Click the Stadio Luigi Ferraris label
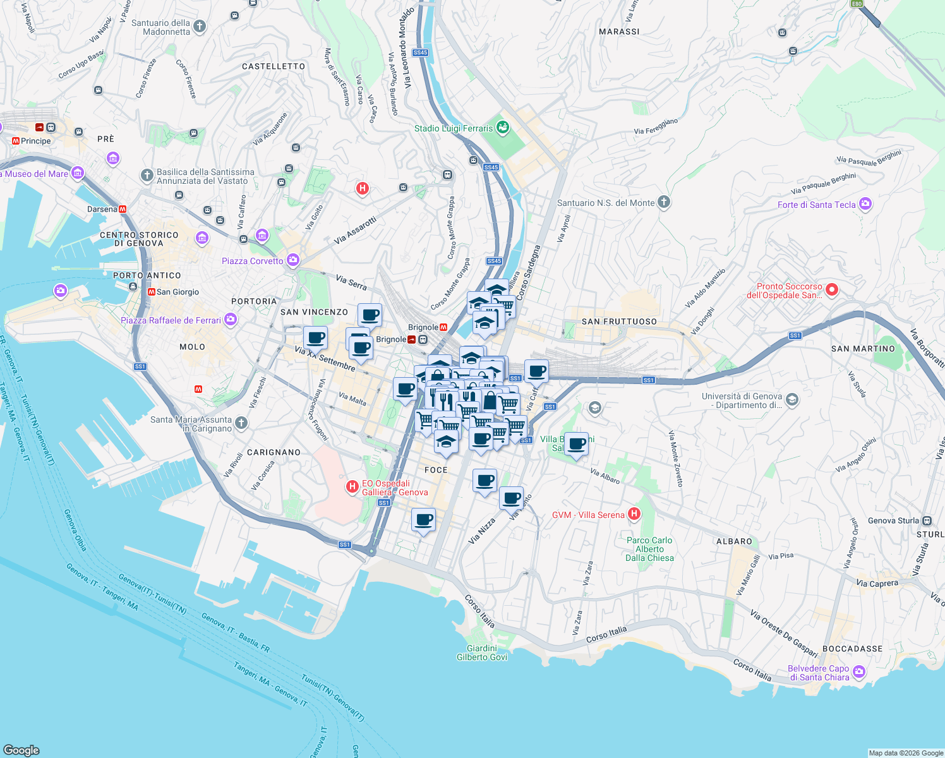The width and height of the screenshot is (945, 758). coord(453,128)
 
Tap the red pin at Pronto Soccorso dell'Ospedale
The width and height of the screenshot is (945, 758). coord(832,290)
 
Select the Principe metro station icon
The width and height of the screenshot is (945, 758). coord(16,141)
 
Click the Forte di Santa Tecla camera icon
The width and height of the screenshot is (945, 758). coord(865,204)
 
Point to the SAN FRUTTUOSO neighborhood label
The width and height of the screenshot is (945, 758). coord(619,322)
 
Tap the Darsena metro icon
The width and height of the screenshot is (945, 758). coord(123,209)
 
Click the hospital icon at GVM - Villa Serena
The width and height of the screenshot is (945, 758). coord(634,514)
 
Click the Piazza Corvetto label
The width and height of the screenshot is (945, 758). coord(253,261)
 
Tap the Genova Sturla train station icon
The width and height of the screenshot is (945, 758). coord(927,520)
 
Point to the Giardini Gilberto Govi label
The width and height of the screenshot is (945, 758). coord(481,653)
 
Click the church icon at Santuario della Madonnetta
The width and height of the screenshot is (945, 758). coord(200,27)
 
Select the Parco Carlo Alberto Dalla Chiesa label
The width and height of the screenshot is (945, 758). coord(649,549)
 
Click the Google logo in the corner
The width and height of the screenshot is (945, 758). coord(21,750)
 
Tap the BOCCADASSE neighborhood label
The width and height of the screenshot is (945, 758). coord(852,649)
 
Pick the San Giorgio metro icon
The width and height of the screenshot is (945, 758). coord(152,292)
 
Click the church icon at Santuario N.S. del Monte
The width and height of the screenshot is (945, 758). coord(663,202)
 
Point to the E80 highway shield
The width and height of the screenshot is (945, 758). coord(857,4)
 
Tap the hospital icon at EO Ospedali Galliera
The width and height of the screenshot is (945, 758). coord(352,487)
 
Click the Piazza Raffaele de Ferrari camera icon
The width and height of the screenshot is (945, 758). coord(230,320)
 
